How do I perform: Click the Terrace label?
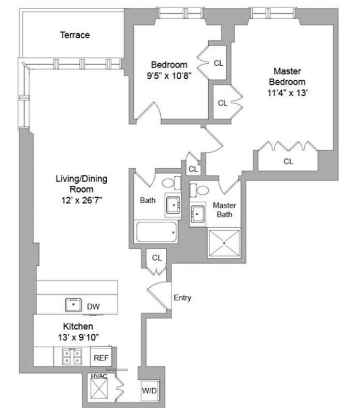coord(75,35)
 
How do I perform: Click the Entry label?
coord(182,298)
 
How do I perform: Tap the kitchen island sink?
coord(74,305)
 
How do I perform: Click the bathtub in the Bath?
coord(156,232)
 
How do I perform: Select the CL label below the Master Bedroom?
coord(289,161)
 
